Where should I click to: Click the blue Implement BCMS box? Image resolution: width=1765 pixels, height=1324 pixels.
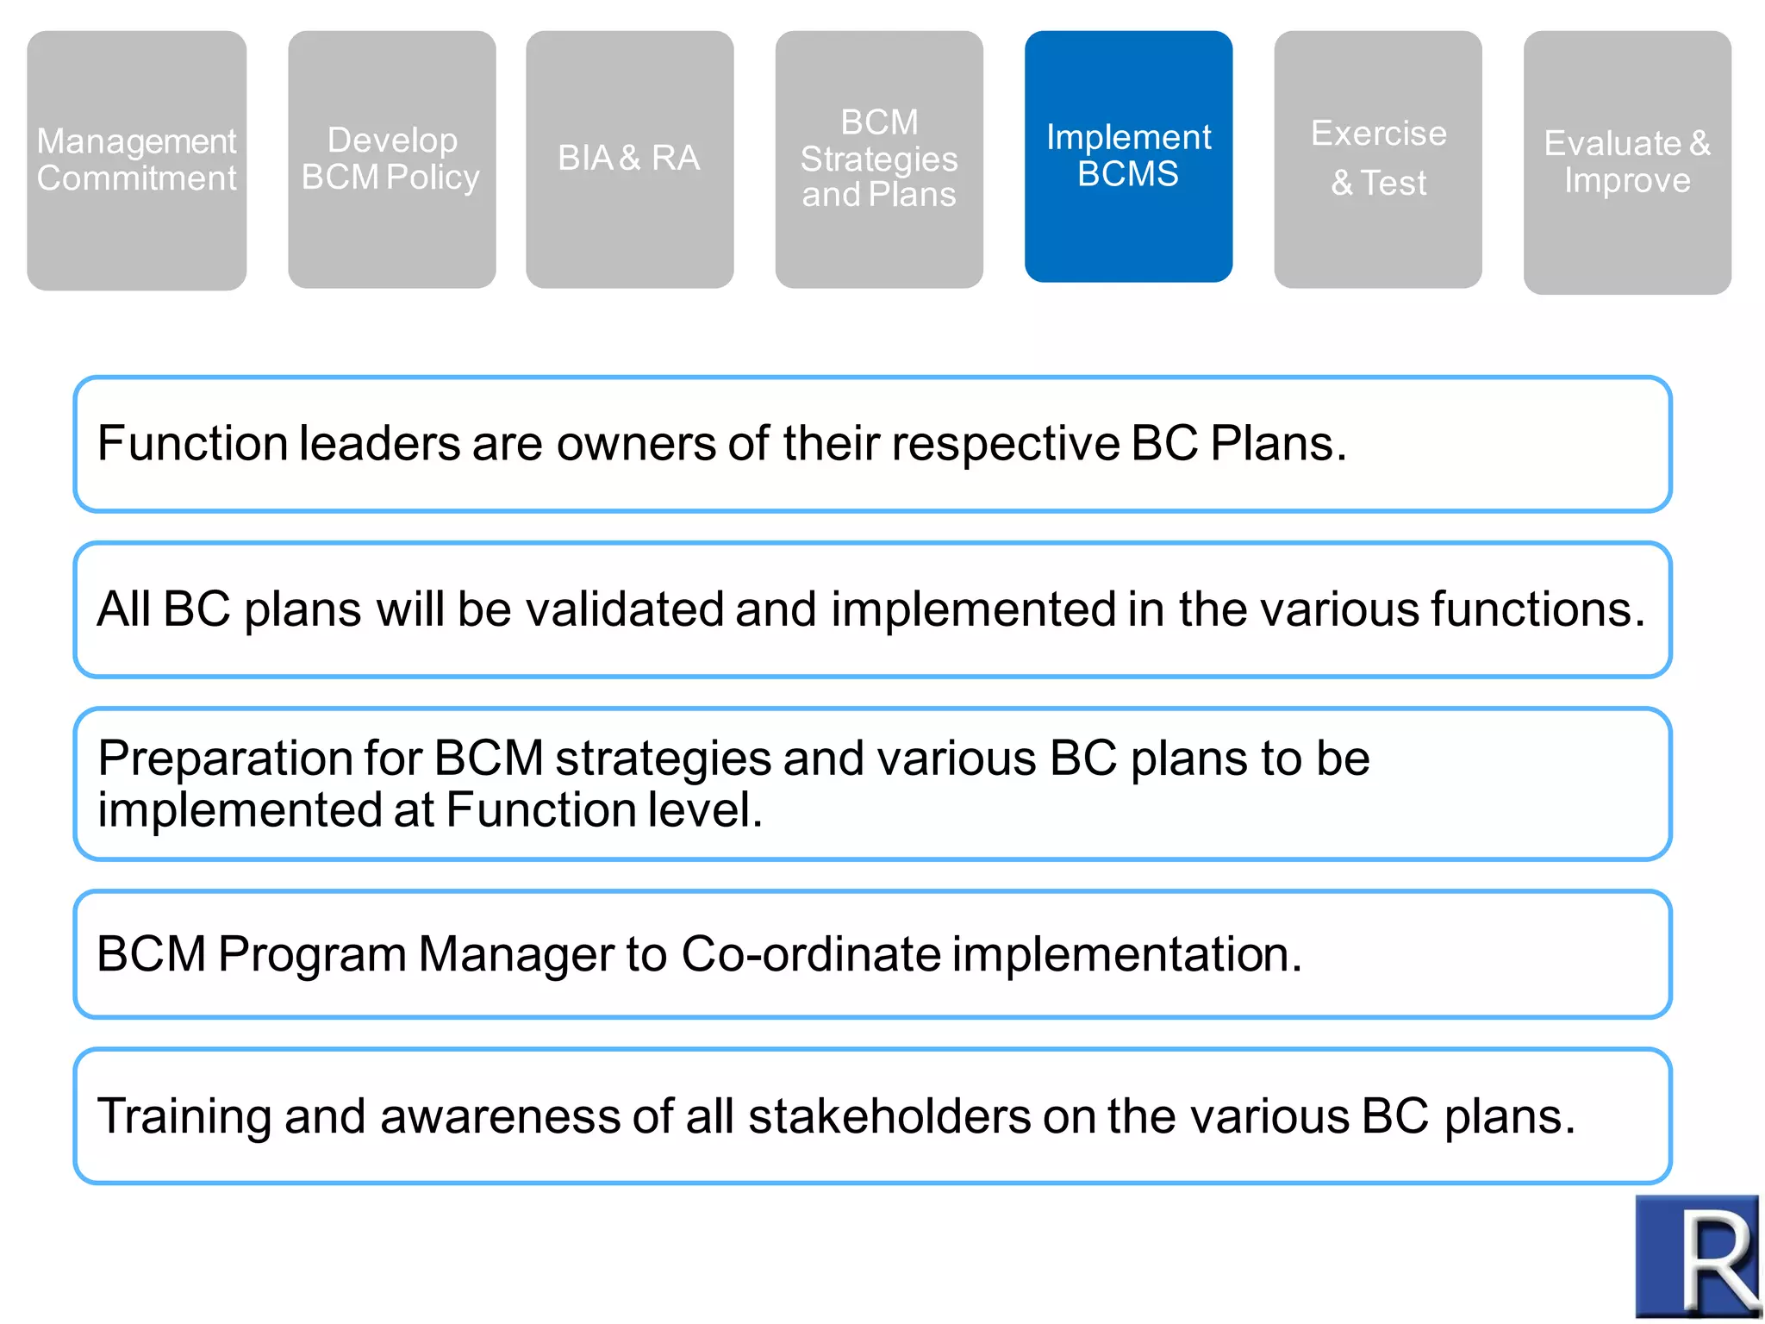tap(1128, 156)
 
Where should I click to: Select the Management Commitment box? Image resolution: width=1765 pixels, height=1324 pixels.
tap(136, 159)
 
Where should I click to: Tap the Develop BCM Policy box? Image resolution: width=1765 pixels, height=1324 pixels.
tap(391, 159)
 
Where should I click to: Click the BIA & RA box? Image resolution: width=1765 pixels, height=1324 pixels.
tap(629, 159)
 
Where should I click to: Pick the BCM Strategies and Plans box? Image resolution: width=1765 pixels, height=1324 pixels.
tap(878, 159)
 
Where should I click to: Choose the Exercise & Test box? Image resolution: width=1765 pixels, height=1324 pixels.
tap(1377, 159)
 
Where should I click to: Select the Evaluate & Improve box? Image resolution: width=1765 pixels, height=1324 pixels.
tap(1626, 162)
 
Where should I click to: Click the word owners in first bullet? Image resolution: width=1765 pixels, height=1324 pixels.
tap(636, 445)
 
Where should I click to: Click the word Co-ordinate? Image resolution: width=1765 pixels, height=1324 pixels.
tap(810, 954)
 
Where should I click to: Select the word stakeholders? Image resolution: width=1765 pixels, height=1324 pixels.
tap(889, 1116)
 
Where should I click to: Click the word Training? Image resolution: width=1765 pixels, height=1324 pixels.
tap(184, 1116)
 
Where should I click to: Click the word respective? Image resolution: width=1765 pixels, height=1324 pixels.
tap(1005, 445)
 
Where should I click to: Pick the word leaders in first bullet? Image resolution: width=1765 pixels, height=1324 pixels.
tap(379, 445)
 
